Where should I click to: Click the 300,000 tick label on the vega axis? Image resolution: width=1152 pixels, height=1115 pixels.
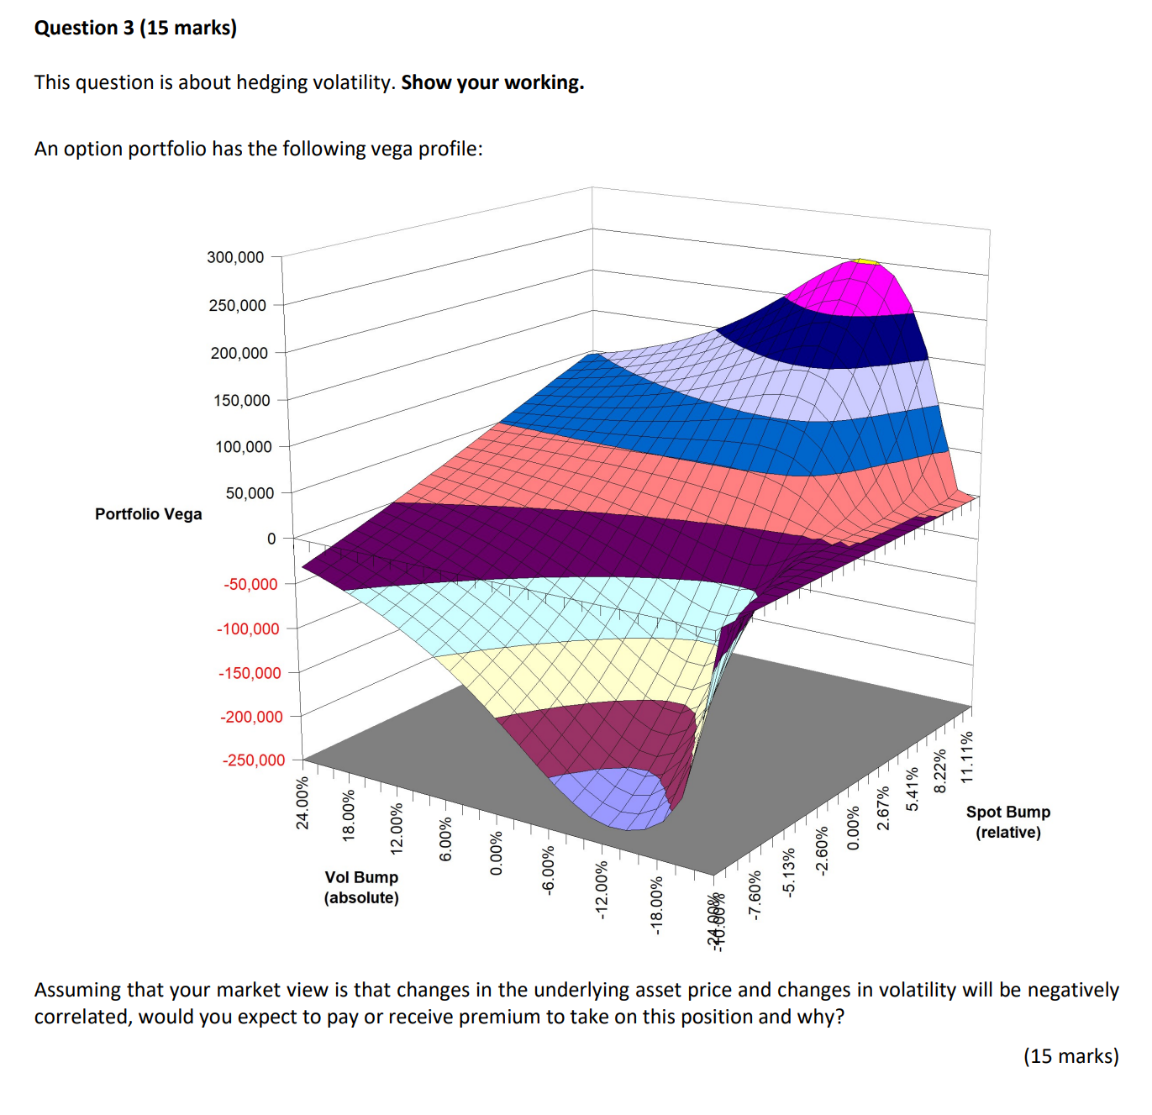[x=235, y=257]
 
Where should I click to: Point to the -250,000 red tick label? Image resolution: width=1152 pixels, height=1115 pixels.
[x=254, y=760]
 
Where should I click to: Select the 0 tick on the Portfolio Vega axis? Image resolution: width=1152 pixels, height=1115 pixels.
[x=271, y=539]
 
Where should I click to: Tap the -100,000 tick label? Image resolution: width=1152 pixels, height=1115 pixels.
[x=248, y=629]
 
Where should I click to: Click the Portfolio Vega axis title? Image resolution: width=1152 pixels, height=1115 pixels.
[x=148, y=514]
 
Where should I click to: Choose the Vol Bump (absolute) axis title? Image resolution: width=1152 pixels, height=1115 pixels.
[x=361, y=887]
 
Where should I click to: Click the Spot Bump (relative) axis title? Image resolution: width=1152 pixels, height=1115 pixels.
[x=1007, y=822]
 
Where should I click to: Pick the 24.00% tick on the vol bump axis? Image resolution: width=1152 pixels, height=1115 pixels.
[x=302, y=803]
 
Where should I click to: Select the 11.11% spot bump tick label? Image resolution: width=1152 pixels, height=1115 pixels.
[x=967, y=758]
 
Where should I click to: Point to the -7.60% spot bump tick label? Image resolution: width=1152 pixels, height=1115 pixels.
[x=755, y=896]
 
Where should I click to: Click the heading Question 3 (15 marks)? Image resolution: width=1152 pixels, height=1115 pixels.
[x=135, y=28]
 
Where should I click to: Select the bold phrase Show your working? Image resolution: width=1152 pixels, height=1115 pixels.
[x=492, y=82]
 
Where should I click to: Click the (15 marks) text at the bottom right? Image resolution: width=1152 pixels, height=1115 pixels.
[x=1070, y=1056]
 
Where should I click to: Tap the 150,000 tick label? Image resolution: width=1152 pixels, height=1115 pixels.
[x=241, y=401]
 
